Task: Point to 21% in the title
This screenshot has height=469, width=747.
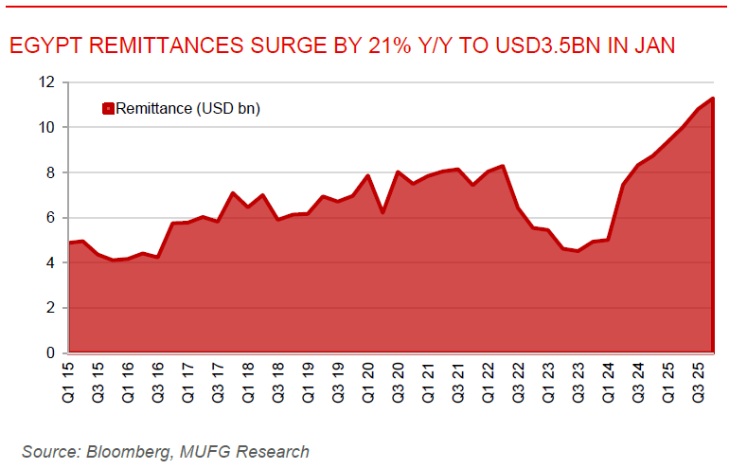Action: click(378, 45)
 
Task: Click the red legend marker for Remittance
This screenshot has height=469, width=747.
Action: click(107, 109)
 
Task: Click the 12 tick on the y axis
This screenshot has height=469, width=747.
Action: click(46, 82)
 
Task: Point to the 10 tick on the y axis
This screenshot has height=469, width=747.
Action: click(46, 127)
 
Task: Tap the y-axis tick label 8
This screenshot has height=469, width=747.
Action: click(50, 172)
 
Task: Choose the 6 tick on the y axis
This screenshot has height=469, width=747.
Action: click(50, 218)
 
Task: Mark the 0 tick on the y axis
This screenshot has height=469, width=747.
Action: click(50, 353)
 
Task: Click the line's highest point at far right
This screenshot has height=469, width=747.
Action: click(712, 98)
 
